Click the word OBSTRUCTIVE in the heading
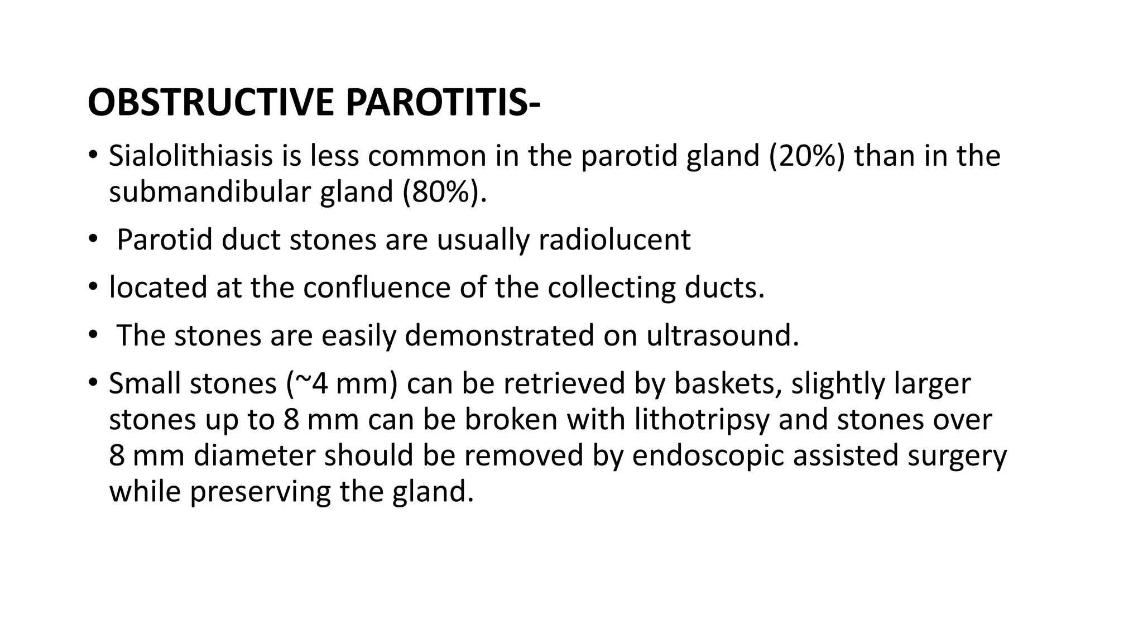point(211,103)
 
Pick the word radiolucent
point(614,240)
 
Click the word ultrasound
point(722,336)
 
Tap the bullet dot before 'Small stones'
point(92,382)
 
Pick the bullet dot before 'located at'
point(92,287)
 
